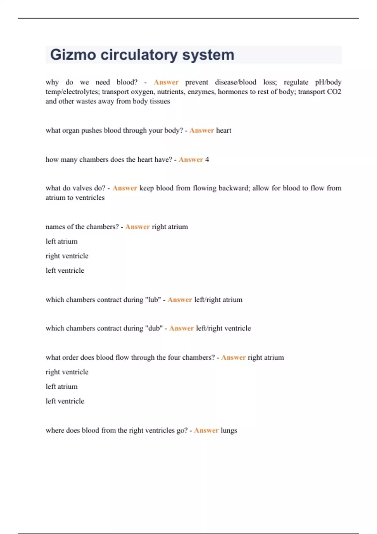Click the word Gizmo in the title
(73, 55)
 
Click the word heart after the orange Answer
(223, 130)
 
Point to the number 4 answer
(207, 160)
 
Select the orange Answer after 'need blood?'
(166, 82)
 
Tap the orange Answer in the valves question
(125, 188)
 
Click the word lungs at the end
(229, 430)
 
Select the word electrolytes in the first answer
(81, 92)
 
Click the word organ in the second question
(71, 130)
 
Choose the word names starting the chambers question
(55, 227)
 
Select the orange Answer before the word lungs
(206, 430)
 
